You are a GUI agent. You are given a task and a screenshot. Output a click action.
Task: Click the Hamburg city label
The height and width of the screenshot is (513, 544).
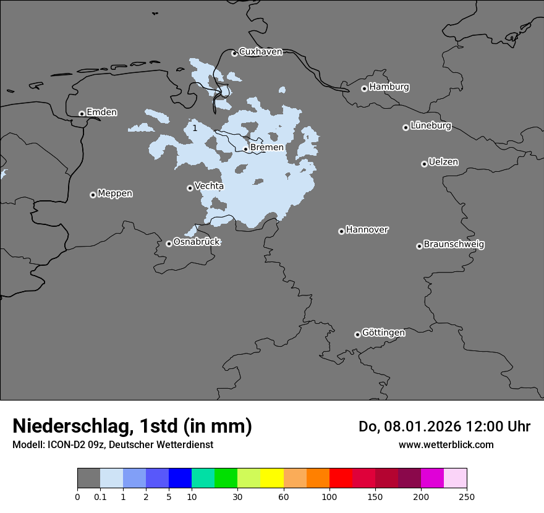[389, 87]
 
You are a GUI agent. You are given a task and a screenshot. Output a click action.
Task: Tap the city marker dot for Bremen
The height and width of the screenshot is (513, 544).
[245, 149]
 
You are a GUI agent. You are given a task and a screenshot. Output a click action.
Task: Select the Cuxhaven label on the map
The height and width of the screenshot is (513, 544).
[260, 52]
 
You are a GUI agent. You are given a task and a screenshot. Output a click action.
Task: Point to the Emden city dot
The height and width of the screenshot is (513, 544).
[82, 114]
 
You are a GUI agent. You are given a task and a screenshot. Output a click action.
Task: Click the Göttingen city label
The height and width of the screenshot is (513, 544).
[383, 333]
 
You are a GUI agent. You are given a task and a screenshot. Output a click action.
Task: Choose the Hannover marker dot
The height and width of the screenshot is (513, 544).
[341, 231]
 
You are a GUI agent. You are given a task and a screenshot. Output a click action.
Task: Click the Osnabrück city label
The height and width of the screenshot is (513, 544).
[197, 242]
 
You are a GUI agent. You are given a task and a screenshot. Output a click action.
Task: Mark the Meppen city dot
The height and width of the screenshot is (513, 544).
[93, 195]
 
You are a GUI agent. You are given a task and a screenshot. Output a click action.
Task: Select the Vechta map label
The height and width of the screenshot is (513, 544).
[209, 186]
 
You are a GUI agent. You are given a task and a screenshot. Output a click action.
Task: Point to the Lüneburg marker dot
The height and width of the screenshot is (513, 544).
[406, 127]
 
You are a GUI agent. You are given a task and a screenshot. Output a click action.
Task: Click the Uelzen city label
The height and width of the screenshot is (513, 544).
[443, 163]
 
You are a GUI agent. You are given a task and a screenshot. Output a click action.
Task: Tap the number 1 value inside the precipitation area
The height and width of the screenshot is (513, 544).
[195, 128]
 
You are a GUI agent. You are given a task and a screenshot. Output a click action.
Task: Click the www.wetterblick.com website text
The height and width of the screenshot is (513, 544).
[446, 444]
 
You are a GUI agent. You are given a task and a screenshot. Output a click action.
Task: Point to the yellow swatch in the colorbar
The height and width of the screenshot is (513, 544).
[272, 478]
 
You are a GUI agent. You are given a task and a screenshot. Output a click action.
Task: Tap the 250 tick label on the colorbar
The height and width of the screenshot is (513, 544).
[467, 496]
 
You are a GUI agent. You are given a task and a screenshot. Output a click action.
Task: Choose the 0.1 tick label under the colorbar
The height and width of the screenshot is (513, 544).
[100, 496]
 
